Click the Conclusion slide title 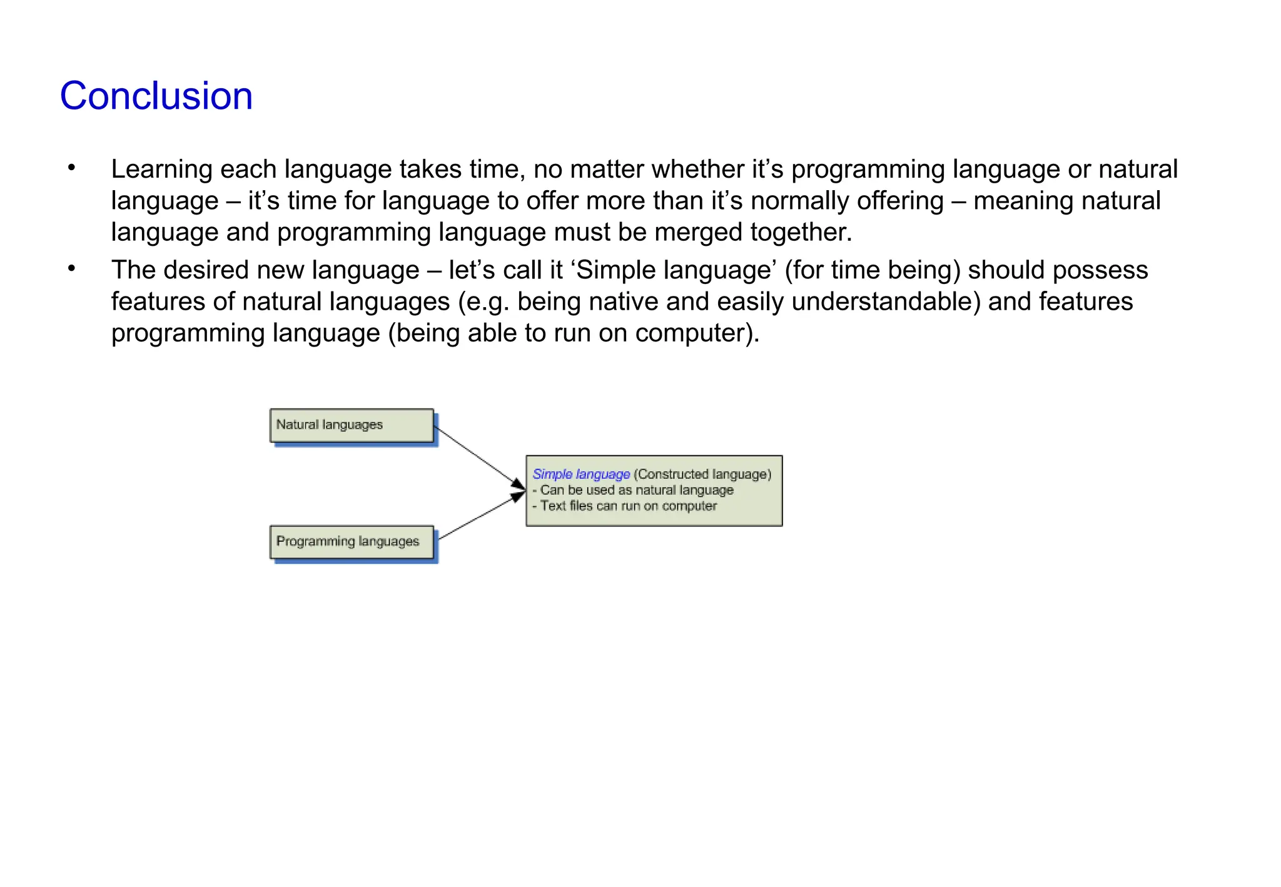pos(156,96)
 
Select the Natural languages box pos(352,425)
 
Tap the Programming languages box pos(352,542)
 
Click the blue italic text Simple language pos(581,474)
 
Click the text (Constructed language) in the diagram pos(702,474)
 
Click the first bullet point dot pos(72,168)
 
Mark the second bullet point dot pos(72,268)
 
